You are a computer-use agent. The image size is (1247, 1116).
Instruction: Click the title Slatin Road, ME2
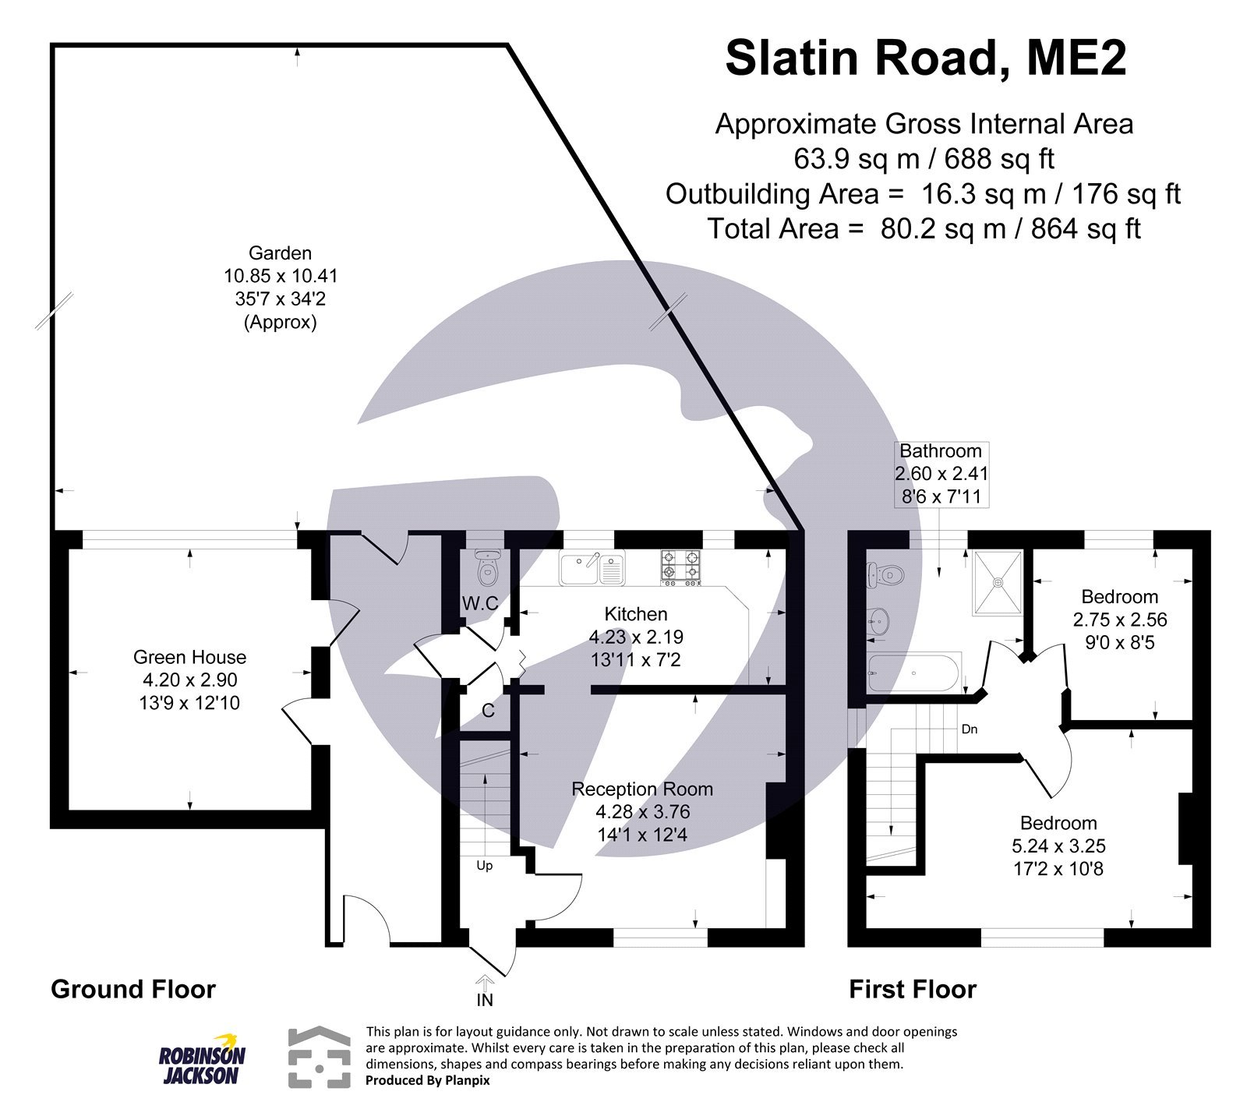point(925,58)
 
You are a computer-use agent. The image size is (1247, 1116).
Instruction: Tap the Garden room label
point(280,253)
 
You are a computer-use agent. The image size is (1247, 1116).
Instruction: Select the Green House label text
point(189,657)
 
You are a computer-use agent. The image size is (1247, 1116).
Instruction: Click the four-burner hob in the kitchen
point(681,568)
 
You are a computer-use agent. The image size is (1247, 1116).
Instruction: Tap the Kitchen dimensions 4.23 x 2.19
point(636,637)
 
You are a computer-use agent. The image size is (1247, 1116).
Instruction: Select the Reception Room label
point(642,789)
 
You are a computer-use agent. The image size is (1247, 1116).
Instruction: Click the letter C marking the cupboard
point(488,711)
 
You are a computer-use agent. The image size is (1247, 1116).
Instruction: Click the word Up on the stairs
point(485,866)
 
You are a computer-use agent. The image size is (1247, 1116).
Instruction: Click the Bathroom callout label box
point(941,474)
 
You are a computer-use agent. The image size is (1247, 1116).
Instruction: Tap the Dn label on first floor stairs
point(970,730)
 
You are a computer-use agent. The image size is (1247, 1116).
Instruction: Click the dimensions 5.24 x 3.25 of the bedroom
point(1058,846)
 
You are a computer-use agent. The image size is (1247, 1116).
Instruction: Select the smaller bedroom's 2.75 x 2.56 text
point(1119,620)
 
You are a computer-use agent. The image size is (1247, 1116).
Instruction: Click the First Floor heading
point(912,990)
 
